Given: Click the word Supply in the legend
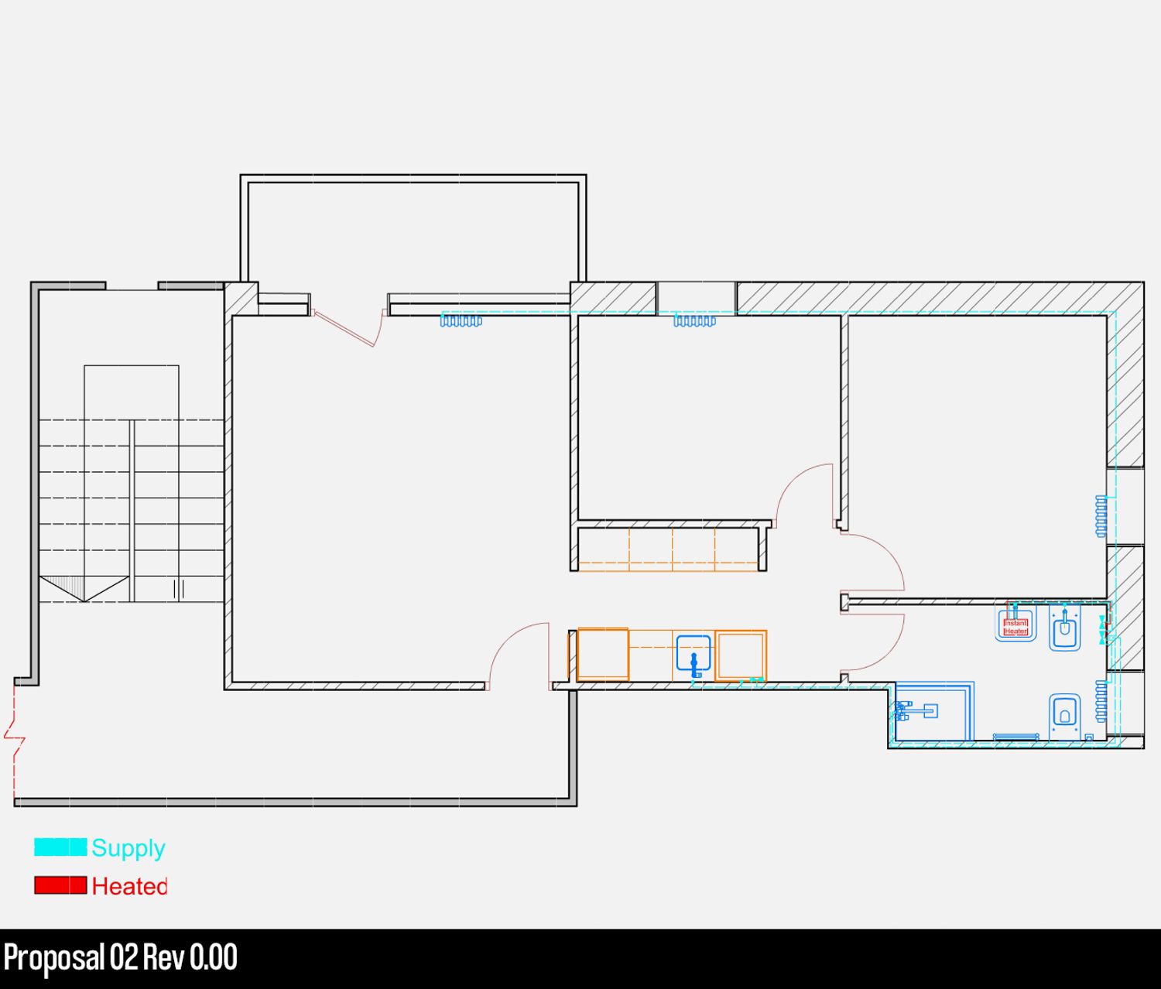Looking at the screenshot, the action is pos(128,849).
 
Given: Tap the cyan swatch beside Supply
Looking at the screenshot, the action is pos(60,847).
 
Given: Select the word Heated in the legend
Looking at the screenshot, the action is pos(130,886).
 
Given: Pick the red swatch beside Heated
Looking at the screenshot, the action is pos(60,885).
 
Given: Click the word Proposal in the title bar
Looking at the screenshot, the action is pos(54,958).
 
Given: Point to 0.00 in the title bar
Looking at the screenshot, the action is pos(213,957).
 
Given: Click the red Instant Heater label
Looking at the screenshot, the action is pos(1015,628).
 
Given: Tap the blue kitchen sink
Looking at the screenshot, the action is pos(694,654).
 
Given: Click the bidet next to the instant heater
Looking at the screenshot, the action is pos(1064,628).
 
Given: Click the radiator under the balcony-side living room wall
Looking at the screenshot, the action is pos(461,320).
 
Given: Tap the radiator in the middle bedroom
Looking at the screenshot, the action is pos(694,320).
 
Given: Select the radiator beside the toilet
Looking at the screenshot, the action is pos(1101,701).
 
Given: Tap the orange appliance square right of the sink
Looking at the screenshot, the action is pos(741,656).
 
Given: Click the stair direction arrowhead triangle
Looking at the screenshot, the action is pos(84,589).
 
